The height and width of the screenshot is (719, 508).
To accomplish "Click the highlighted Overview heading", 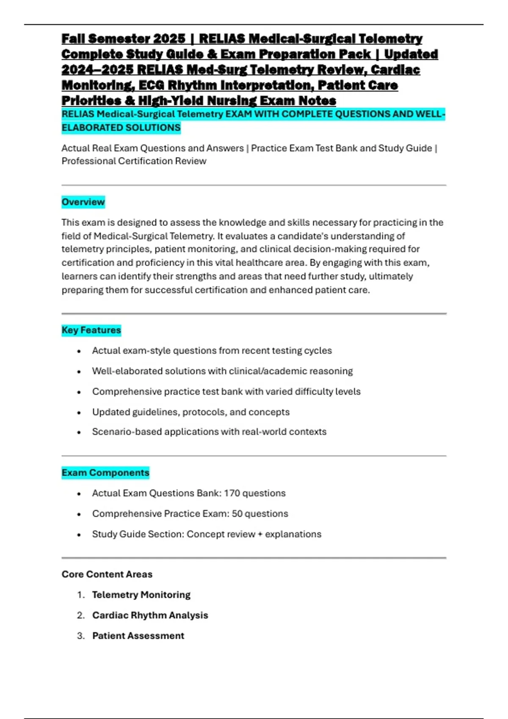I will pyautogui.click(x=83, y=202).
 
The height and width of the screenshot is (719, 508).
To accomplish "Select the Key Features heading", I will pyautogui.click(x=91, y=330).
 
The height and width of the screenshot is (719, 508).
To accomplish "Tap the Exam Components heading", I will pyautogui.click(x=105, y=472).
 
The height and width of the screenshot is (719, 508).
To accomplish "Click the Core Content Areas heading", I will pyautogui.click(x=107, y=574).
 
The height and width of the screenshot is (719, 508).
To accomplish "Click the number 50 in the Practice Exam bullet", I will pyautogui.click(x=237, y=513).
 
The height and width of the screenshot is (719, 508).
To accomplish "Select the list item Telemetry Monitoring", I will pyautogui.click(x=141, y=595).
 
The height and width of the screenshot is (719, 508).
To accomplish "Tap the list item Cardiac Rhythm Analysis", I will pyautogui.click(x=150, y=615).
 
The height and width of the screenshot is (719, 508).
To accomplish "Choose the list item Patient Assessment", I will pyautogui.click(x=138, y=636).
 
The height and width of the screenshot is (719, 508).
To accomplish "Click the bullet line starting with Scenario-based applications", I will pyautogui.click(x=209, y=432).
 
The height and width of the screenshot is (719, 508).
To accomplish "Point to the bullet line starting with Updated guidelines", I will pyautogui.click(x=190, y=412).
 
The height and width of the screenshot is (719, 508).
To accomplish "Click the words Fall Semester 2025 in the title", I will pyautogui.click(x=123, y=39).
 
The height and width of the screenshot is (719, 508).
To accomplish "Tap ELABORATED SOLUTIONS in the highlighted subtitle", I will pyautogui.click(x=121, y=128).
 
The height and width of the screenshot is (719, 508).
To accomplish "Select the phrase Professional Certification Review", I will pyautogui.click(x=134, y=161).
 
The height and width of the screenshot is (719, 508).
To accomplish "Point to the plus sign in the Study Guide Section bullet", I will pyautogui.click(x=260, y=534).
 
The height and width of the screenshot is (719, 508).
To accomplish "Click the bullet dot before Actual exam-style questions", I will pyautogui.click(x=79, y=351).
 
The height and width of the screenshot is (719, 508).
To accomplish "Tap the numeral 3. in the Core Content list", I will pyautogui.click(x=81, y=636).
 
